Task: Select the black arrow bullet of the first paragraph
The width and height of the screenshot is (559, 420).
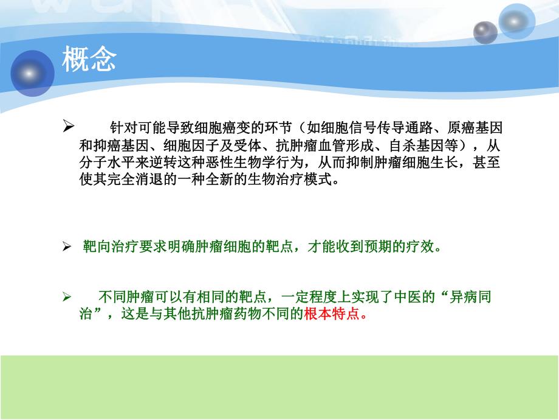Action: click(x=69, y=127)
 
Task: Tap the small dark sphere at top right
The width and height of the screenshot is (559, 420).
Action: click(x=485, y=32)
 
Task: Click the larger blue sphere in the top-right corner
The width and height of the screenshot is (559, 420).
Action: click(x=516, y=21)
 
